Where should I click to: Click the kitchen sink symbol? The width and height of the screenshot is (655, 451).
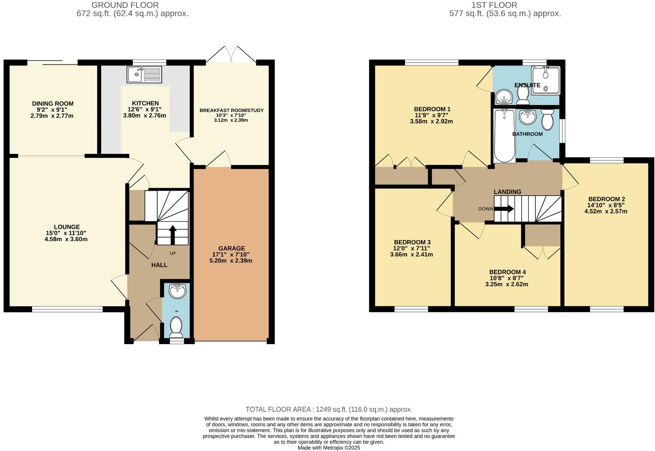[x=144, y=75]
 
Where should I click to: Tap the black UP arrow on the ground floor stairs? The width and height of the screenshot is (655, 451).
[x=172, y=234]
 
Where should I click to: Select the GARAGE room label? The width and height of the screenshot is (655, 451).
[x=231, y=248]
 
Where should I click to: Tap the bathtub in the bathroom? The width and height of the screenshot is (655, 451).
[x=504, y=135]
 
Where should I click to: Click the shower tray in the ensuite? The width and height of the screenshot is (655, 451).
[x=545, y=80]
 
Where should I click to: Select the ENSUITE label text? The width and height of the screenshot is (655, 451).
[x=527, y=85]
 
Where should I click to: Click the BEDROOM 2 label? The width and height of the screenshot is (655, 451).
[x=606, y=199]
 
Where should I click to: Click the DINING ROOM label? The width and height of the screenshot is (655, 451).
[x=53, y=104]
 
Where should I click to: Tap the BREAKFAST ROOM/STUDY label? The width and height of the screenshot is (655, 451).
[x=231, y=110]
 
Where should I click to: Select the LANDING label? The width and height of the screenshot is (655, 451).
[x=507, y=192]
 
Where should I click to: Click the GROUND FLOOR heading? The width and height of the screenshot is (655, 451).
[x=125, y=5]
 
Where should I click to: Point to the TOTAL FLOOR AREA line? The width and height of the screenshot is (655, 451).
[x=329, y=409]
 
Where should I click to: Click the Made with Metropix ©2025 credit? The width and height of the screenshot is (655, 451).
[x=329, y=448]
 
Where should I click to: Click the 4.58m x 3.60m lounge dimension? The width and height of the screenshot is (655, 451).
[x=66, y=239]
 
